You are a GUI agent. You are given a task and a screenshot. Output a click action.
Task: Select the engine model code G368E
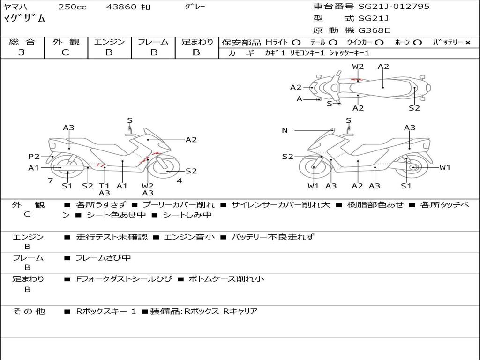374,30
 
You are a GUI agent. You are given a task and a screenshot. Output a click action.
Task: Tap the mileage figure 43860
121,7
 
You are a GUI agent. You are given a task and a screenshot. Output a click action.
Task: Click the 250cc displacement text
72,7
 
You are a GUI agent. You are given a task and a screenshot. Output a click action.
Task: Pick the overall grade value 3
22,52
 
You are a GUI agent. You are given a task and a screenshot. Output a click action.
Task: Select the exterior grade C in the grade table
66,52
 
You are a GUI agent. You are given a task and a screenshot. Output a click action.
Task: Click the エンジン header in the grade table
109,42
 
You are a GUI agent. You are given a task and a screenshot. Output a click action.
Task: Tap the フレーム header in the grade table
153,42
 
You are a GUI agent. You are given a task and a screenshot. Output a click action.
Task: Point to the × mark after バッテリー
467,43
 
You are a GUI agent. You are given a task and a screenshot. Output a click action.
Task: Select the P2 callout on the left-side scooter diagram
34,157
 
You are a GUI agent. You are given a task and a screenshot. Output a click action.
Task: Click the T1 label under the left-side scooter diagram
104,186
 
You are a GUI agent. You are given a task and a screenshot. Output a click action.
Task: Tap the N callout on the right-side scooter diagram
285,130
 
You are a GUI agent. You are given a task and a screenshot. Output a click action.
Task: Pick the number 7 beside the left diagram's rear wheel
50,181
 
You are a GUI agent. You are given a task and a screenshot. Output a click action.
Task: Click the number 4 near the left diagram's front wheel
179,181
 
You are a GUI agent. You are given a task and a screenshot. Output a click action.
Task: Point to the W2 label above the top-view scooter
358,67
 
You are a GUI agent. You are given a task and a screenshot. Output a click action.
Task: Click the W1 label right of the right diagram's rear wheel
444,167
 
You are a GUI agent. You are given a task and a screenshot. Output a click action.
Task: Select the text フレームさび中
103,258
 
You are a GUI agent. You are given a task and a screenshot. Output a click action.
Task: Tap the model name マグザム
24,19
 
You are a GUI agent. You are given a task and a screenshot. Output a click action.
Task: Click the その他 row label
29,311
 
